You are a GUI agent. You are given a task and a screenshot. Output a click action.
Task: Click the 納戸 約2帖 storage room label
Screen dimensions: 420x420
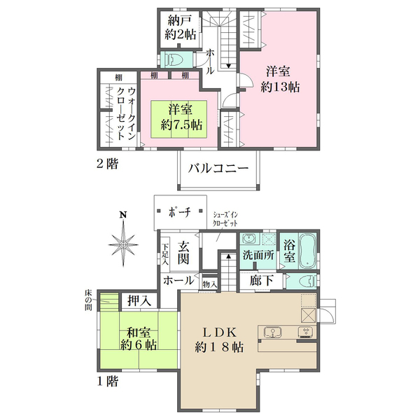pyautogui.click(x=181, y=28)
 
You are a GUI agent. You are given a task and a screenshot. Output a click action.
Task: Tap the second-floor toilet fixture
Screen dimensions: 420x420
pyautogui.click(x=174, y=59)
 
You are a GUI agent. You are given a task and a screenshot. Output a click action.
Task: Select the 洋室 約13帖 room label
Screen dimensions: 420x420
pyautogui.click(x=279, y=79)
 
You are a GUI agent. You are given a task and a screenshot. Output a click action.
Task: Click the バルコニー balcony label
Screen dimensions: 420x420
pyautogui.click(x=218, y=169)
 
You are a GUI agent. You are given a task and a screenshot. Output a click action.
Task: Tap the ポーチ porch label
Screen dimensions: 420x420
pyautogui.click(x=180, y=212)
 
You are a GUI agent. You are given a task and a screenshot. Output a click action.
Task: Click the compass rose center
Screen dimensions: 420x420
pyautogui.click(x=123, y=244)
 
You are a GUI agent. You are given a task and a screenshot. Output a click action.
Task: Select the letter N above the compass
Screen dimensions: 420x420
pyautogui.click(x=123, y=215)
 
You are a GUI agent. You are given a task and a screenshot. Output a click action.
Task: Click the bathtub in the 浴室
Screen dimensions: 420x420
pyautogui.click(x=308, y=251)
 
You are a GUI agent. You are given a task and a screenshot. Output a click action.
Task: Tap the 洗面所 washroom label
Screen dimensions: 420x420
pyautogui.click(x=258, y=255)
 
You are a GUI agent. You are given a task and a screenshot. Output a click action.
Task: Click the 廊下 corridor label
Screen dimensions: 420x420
pyautogui.click(x=261, y=281)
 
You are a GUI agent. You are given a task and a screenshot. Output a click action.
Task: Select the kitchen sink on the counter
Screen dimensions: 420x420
pyautogui.click(x=273, y=332)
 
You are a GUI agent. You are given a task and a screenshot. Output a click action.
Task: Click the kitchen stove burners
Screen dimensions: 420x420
pyautogui.click(x=306, y=332)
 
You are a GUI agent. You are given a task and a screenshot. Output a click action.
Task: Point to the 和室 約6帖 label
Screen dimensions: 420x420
pyautogui.click(x=139, y=339)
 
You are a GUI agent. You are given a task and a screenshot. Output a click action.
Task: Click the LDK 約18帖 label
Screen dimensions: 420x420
pyautogui.click(x=219, y=340)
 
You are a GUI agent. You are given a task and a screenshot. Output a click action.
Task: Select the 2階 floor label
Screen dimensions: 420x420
pyautogui.click(x=107, y=164)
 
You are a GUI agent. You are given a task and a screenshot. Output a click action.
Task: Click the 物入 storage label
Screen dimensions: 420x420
pyautogui.click(x=210, y=284)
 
